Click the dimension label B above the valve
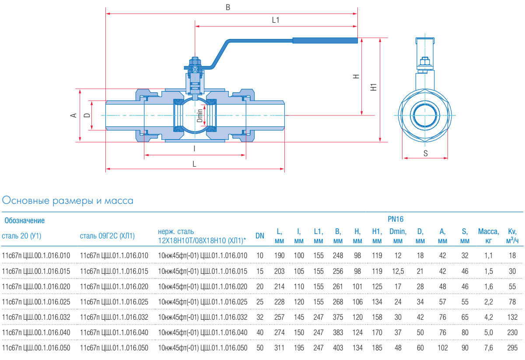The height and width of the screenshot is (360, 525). pyautogui.click(x=227, y=7)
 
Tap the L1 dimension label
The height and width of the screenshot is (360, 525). pyautogui.click(x=276, y=20)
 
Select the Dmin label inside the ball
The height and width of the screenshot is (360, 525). pyautogui.click(x=199, y=115)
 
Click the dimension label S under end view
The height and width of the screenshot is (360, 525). pyautogui.click(x=425, y=153)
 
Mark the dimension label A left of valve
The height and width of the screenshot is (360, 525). pyautogui.click(x=74, y=115)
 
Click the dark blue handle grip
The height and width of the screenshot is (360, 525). pyautogui.click(x=325, y=41)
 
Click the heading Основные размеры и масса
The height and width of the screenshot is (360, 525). pyautogui.click(x=68, y=201)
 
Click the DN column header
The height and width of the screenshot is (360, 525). pyautogui.click(x=260, y=236)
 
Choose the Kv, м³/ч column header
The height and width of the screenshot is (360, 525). pyautogui.click(x=512, y=236)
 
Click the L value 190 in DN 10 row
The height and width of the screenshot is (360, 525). pyautogui.click(x=279, y=255)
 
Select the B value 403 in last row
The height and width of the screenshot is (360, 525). pyautogui.click(x=338, y=348)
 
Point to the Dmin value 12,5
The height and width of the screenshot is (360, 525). pyautogui.click(x=398, y=271)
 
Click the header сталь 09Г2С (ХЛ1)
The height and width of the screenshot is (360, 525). pyautogui.click(x=107, y=236)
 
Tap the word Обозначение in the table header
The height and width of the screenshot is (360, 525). pyautogui.click(x=24, y=220)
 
